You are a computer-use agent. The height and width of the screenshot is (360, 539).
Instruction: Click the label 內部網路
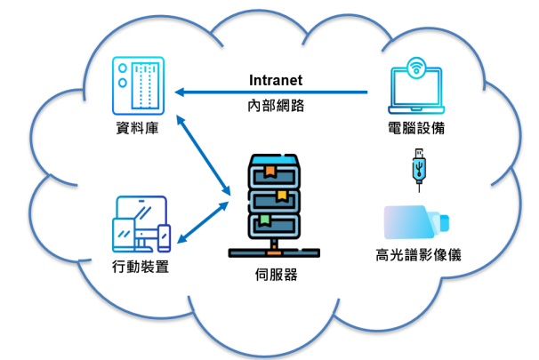click(276, 105)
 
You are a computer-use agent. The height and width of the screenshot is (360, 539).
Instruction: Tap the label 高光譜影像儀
click(418, 256)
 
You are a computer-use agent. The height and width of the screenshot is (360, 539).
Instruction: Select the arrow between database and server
click(205, 154)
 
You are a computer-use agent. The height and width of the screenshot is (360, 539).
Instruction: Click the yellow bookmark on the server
click(281, 195)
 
